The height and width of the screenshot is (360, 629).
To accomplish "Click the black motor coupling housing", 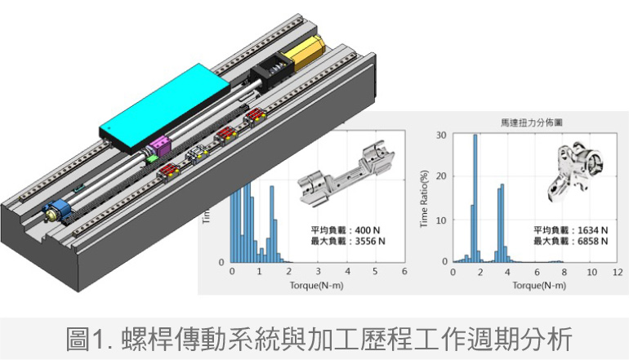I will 270,73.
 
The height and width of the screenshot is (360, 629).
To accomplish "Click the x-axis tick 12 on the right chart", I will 618,272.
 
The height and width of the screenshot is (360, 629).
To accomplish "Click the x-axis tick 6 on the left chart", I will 404,272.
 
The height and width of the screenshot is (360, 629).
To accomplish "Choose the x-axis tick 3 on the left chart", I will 318,272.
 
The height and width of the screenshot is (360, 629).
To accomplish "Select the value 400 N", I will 365,230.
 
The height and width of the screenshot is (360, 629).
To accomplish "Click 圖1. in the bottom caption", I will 89,337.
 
